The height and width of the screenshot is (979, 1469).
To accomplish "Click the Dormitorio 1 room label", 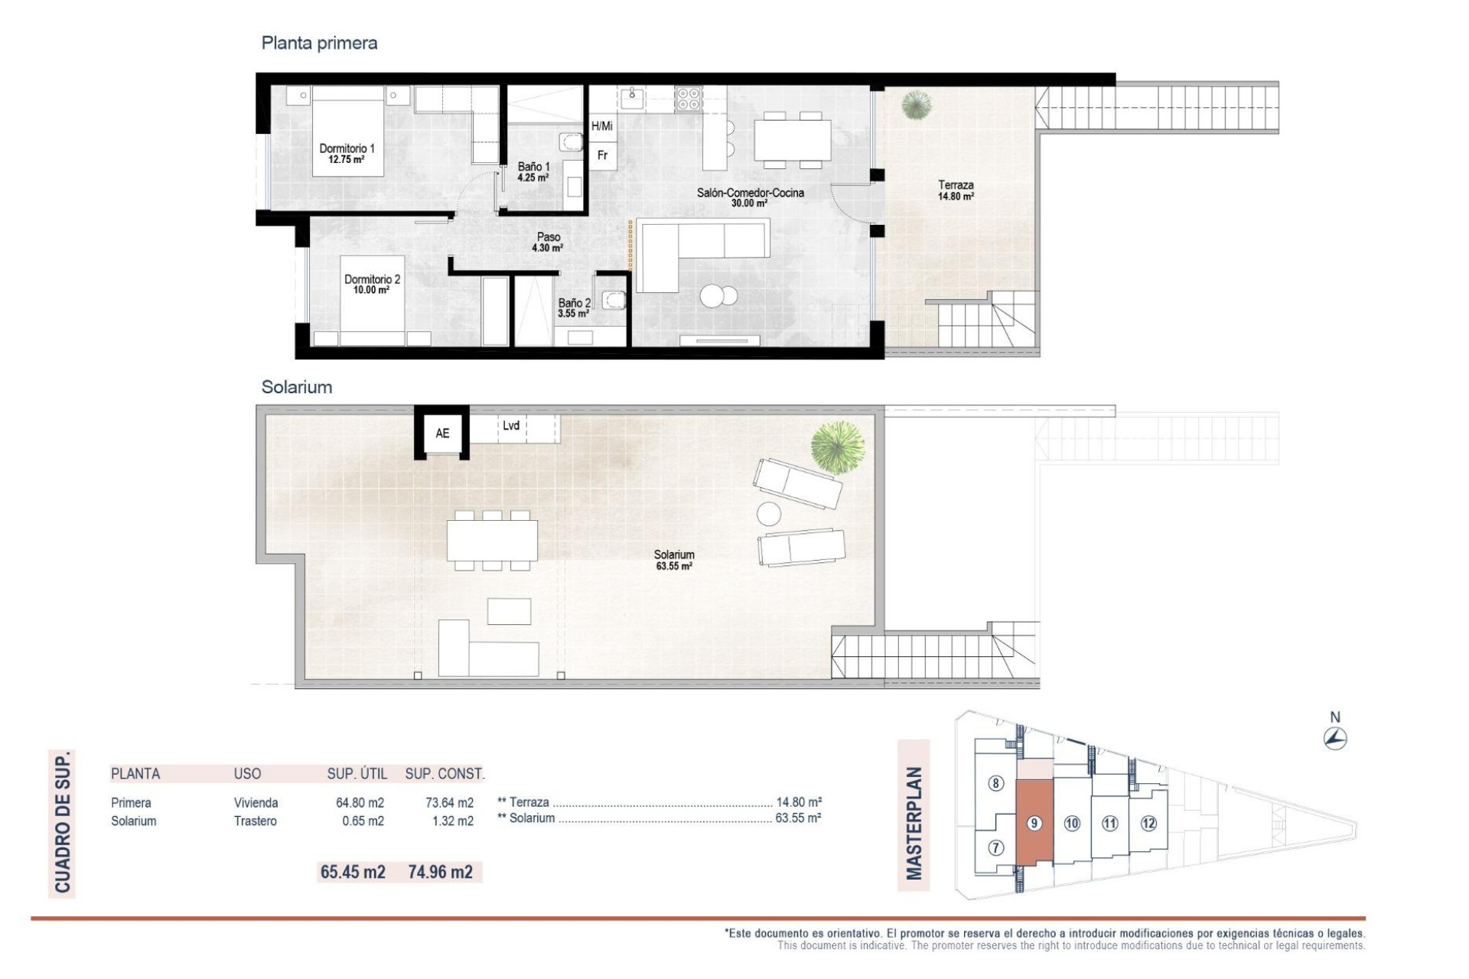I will pyautogui.click(x=347, y=153).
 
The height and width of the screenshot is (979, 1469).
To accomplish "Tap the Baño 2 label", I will pyautogui.click(x=574, y=307).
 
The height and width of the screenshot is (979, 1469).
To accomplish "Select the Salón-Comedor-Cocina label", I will pyautogui.click(x=750, y=197).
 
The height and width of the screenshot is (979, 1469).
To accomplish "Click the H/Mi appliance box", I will pyautogui.click(x=602, y=126).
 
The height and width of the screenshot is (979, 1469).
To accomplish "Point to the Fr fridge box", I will pyautogui.click(x=602, y=155).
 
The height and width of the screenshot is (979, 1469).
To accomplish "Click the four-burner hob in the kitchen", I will pyautogui.click(x=688, y=98).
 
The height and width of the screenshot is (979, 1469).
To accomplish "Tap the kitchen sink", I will pyautogui.click(x=633, y=96).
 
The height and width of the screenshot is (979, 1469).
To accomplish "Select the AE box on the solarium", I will pyautogui.click(x=442, y=433).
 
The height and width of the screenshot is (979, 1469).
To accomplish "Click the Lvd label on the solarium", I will pyautogui.click(x=511, y=426).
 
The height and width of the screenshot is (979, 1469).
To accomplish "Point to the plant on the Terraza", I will pyautogui.click(x=916, y=105).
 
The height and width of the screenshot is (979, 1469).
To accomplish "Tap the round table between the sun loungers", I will pyautogui.click(x=769, y=513).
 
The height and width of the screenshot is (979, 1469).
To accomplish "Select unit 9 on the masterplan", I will pyautogui.click(x=1034, y=823).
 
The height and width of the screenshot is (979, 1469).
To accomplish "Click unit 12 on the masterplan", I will pyautogui.click(x=1148, y=823).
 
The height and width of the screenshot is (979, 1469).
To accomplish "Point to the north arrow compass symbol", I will pyautogui.click(x=1335, y=738).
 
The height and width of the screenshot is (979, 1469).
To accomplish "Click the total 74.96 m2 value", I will pyautogui.click(x=440, y=872).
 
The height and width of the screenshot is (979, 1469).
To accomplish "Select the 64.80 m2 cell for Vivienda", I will pyautogui.click(x=360, y=802).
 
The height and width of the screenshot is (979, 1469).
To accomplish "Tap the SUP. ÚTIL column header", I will pyautogui.click(x=357, y=773).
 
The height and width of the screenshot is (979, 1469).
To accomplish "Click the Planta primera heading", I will pyautogui.click(x=319, y=43).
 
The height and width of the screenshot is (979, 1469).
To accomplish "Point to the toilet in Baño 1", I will pyautogui.click(x=569, y=142).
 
